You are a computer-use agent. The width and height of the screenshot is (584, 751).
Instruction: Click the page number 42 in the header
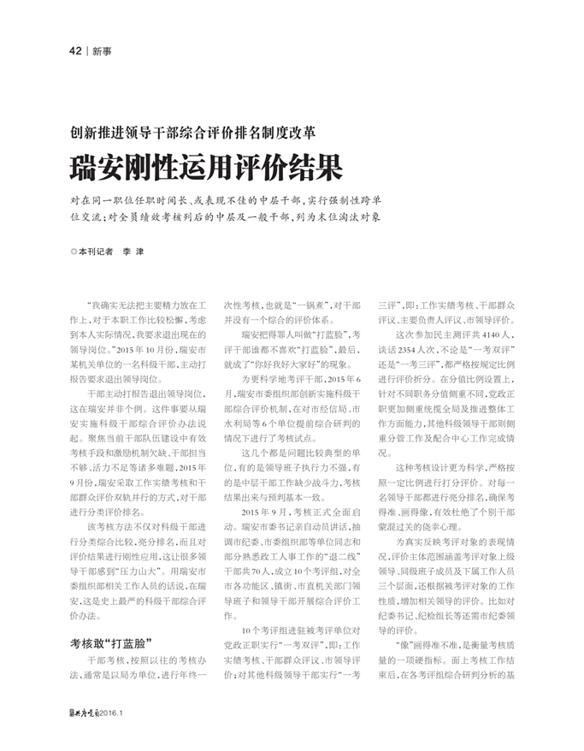[x=75, y=50]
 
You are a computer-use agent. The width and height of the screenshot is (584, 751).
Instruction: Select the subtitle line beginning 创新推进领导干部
[x=193, y=133]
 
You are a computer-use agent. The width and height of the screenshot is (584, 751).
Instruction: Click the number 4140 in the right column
[x=491, y=334]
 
